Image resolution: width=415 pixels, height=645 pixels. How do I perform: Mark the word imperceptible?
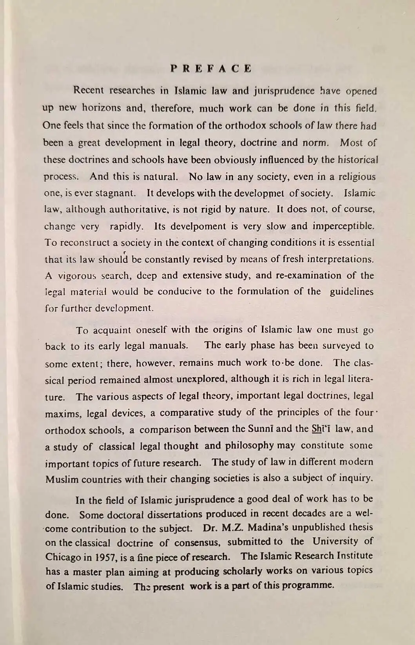pos(343,226)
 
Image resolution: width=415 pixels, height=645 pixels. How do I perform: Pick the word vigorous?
pos(77,275)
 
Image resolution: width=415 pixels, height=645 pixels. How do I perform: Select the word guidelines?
pos(352,292)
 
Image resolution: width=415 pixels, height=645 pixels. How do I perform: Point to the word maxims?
pos(63,413)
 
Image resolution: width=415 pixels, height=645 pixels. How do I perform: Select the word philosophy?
pos(249,446)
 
